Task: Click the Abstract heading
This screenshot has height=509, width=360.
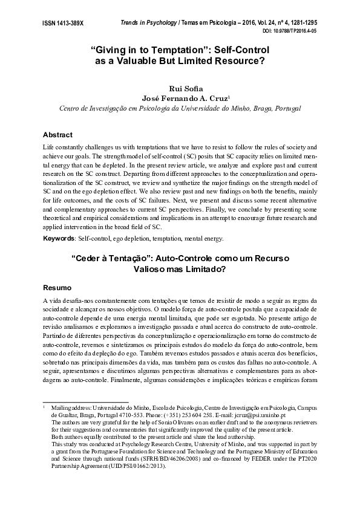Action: [x=58, y=134]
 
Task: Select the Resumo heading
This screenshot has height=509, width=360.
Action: [x=57, y=287]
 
